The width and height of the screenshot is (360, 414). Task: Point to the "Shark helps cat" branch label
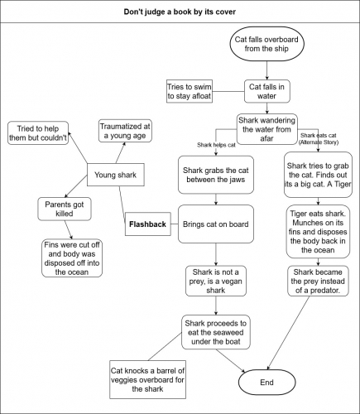218,145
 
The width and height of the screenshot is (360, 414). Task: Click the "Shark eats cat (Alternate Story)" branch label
319,137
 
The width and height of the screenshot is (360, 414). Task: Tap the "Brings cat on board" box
215,222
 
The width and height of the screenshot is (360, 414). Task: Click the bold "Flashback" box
148,224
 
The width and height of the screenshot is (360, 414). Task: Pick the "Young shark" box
116,175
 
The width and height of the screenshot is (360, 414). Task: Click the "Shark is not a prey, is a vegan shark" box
215,282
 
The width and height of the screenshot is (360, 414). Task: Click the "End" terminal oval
266,383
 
